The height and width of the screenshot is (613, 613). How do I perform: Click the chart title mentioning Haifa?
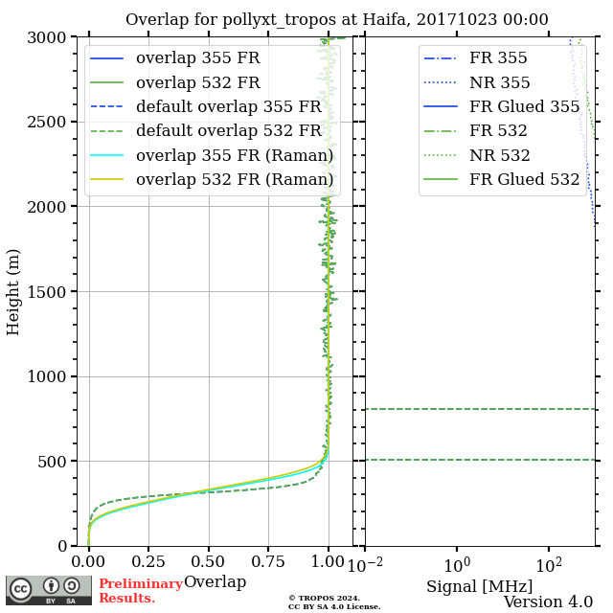(x=337, y=19)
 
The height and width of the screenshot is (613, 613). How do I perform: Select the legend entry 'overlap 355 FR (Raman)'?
(x=234, y=155)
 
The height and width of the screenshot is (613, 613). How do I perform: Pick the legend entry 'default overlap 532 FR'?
(x=228, y=131)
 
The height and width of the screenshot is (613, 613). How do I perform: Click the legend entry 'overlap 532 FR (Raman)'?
(x=234, y=179)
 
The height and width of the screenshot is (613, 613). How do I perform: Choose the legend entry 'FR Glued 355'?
(x=524, y=106)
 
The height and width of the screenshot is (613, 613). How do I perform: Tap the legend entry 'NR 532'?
(x=499, y=155)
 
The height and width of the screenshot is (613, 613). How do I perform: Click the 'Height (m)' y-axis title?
(x=13, y=291)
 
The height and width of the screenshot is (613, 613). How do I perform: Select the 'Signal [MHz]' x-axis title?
(x=479, y=586)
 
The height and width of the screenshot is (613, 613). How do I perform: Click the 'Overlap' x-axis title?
(x=215, y=582)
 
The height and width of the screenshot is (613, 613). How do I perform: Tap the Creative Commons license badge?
(x=49, y=590)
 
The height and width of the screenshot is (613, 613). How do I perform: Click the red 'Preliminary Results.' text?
(x=140, y=591)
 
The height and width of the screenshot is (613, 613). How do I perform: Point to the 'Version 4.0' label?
(x=548, y=602)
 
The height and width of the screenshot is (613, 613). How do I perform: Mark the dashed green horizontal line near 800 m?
(x=479, y=409)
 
